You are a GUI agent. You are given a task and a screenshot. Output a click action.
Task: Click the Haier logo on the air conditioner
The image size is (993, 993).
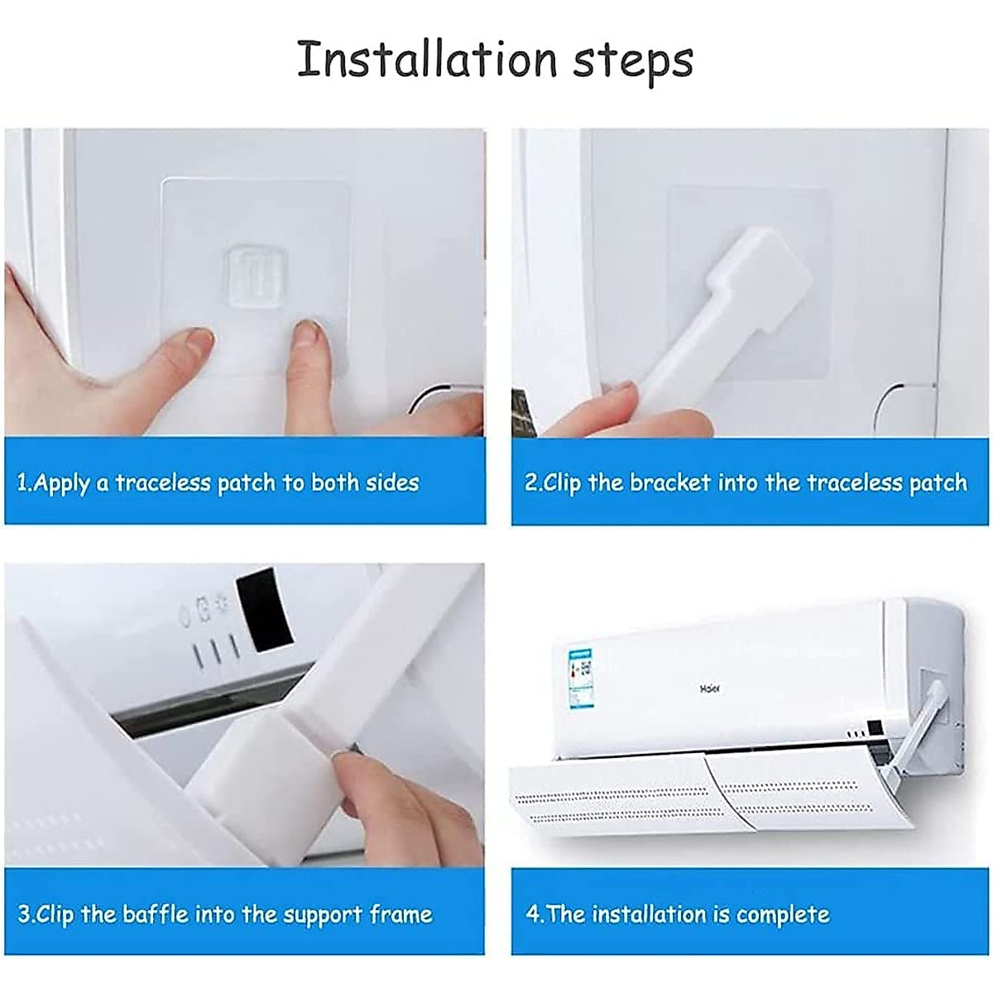tap(710, 688)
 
